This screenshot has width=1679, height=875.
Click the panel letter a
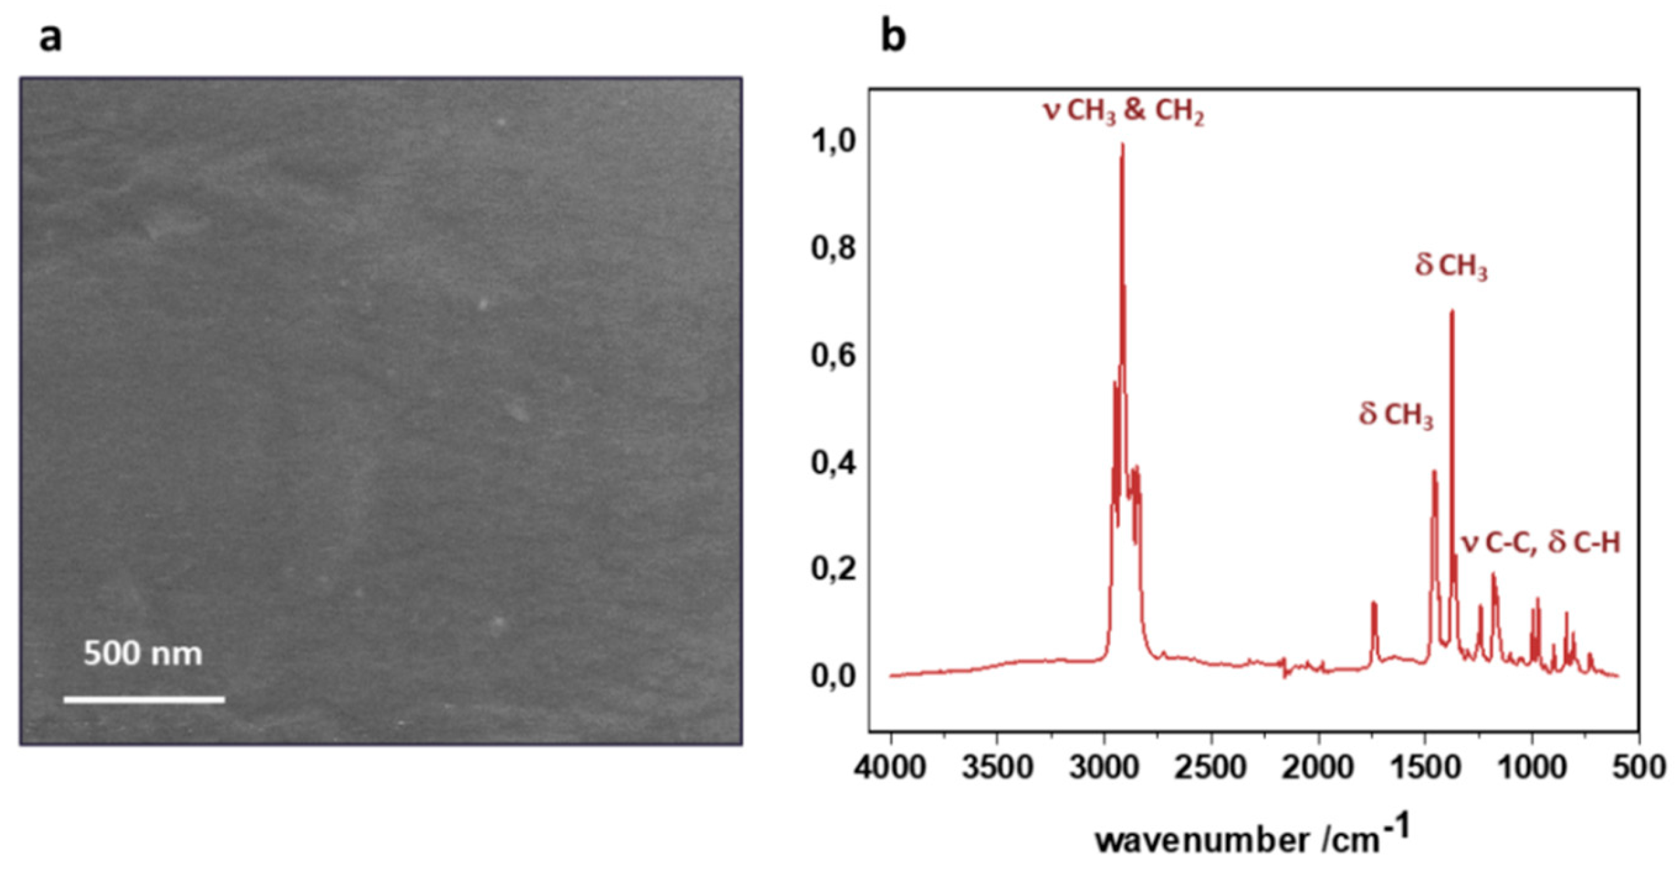point(50,37)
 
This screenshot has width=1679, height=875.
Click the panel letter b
point(893,37)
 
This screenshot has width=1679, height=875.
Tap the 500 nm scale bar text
point(143,653)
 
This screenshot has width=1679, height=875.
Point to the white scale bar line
point(144,699)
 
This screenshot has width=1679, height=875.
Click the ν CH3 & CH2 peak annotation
point(1124,113)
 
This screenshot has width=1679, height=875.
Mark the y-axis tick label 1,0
point(832,142)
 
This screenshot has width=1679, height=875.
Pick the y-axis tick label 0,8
point(832,249)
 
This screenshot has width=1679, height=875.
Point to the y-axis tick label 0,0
point(832,676)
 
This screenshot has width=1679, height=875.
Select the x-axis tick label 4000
point(891,766)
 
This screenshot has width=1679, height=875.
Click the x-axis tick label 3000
point(1104,766)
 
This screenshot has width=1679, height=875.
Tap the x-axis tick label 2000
point(1318,766)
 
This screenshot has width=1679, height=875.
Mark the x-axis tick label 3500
point(997,766)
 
